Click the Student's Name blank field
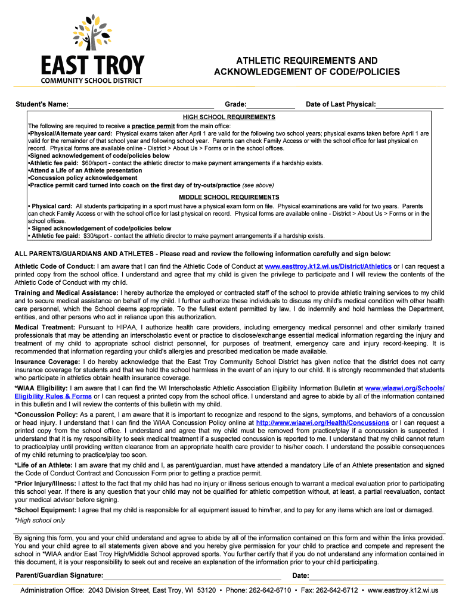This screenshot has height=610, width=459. click(141, 105)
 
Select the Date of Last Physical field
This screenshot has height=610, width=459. click(410, 105)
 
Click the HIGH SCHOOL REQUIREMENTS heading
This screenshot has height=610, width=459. click(229, 117)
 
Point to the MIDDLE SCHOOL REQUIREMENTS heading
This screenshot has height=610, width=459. click(229, 197)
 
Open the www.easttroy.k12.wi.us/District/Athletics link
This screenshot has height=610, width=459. click(328, 266)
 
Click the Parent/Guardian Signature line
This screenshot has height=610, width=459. click(192, 575)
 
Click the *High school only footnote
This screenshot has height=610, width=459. click(40, 520)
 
